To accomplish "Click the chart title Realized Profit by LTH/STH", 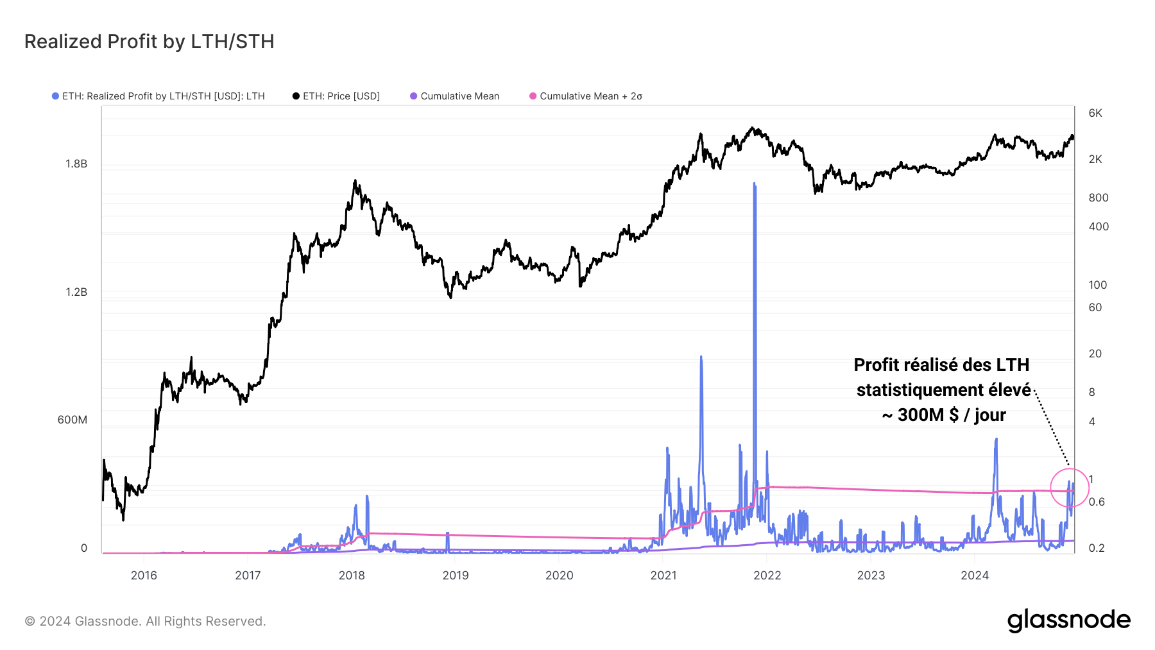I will [149, 42].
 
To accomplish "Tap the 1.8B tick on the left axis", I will [76, 164].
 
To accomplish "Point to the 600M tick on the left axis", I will [72, 420].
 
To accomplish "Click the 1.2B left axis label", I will [76, 292].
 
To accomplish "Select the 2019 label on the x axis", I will [456, 575].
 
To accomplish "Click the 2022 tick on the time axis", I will [767, 575].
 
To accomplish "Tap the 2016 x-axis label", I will [144, 575].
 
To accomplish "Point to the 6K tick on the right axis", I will [1095, 113].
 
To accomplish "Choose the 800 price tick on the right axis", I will [1099, 198].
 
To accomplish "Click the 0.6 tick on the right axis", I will [1097, 502].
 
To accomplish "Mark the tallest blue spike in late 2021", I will [755, 185].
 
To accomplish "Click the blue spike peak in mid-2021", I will [701, 357].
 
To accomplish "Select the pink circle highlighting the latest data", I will [1070, 488].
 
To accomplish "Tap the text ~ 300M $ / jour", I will [943, 415].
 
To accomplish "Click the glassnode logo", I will [1068, 620].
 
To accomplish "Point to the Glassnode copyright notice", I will [145, 621].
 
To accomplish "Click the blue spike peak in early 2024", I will [996, 440].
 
